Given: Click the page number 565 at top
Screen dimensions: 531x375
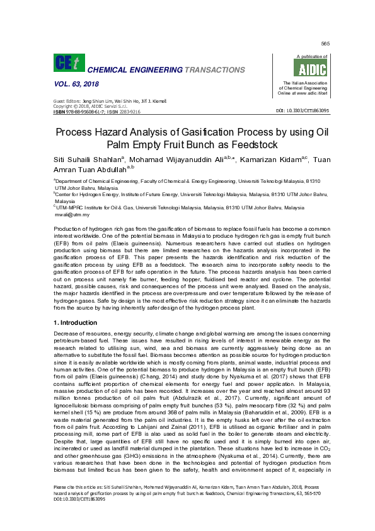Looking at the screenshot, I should coord(325,43).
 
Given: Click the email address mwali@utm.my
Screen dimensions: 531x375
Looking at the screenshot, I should coord(71,214).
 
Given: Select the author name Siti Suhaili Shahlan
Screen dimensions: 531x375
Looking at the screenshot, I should coord(88,158).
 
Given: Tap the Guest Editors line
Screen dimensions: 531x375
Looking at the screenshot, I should coord(100,102).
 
